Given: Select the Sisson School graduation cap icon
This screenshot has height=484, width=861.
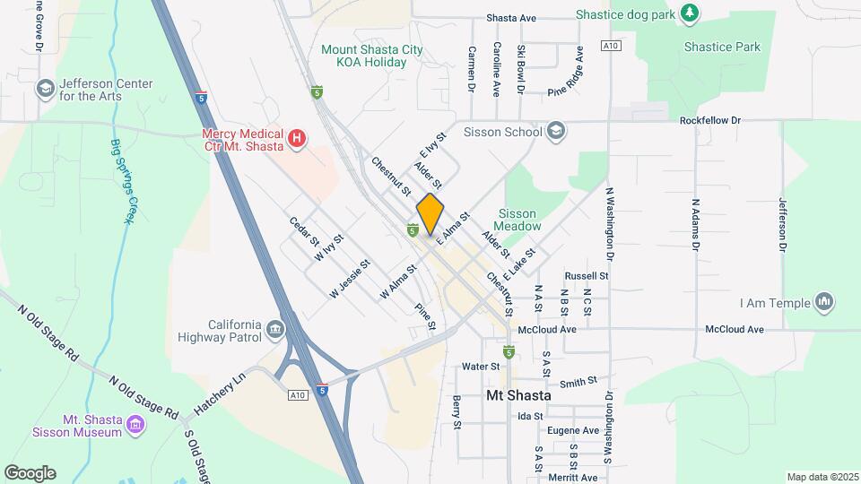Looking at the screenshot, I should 556,132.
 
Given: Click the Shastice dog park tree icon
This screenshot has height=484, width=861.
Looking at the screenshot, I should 689,13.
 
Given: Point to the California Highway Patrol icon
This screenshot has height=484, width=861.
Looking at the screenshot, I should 274,332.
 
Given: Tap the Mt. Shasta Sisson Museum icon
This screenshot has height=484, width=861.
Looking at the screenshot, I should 135,424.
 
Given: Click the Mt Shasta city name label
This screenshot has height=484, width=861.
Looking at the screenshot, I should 518,394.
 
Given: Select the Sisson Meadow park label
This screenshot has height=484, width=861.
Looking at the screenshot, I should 519,220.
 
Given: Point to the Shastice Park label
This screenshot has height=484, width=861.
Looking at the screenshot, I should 722,47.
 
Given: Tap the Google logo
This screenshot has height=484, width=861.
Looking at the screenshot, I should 30,473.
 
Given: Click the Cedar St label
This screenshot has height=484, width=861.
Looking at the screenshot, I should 304,230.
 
